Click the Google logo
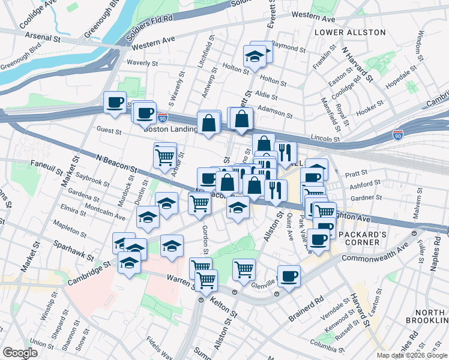pos(20,353)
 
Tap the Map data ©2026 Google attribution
pos(412,355)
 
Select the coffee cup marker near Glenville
pos(289,276)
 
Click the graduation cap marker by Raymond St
pos(255,56)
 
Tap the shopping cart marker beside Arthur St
pos(164,157)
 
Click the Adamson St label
pos(274,110)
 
